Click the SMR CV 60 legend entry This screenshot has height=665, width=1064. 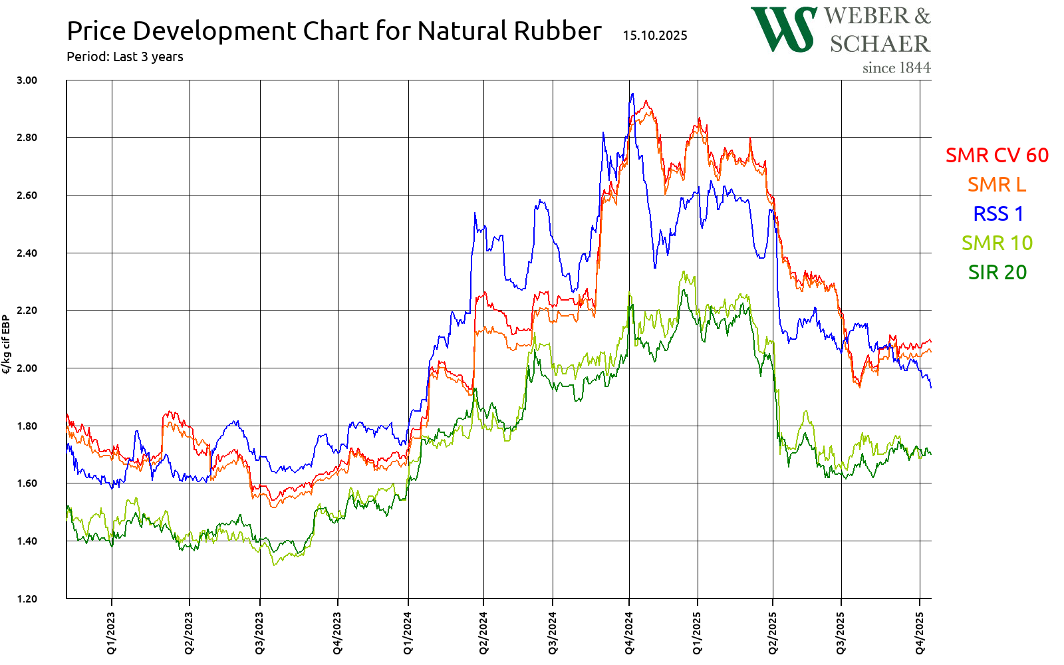tap(997, 155)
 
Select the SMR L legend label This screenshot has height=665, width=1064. tap(997, 184)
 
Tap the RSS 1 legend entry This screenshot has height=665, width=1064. tap(998, 213)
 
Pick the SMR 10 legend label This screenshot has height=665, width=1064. tap(997, 243)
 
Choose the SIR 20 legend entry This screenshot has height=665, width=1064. tap(997, 272)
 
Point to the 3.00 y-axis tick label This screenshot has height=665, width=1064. tap(27, 80)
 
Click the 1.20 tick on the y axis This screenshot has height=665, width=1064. tap(27, 598)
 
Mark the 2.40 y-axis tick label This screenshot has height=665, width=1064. tap(27, 253)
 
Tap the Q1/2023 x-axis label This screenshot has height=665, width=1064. tap(111, 632)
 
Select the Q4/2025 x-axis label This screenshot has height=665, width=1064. tap(920, 632)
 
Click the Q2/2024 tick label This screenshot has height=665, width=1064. tap(483, 632)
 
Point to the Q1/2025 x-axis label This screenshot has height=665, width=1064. tap(697, 632)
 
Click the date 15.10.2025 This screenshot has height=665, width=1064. tap(655, 35)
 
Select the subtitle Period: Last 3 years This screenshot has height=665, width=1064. tap(125, 57)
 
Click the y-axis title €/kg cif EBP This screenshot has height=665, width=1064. tap(6, 344)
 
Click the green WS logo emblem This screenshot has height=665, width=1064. tap(783, 30)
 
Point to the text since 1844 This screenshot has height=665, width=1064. tap(896, 68)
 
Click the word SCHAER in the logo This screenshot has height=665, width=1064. tap(880, 44)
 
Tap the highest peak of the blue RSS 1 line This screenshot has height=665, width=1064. tap(632, 94)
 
